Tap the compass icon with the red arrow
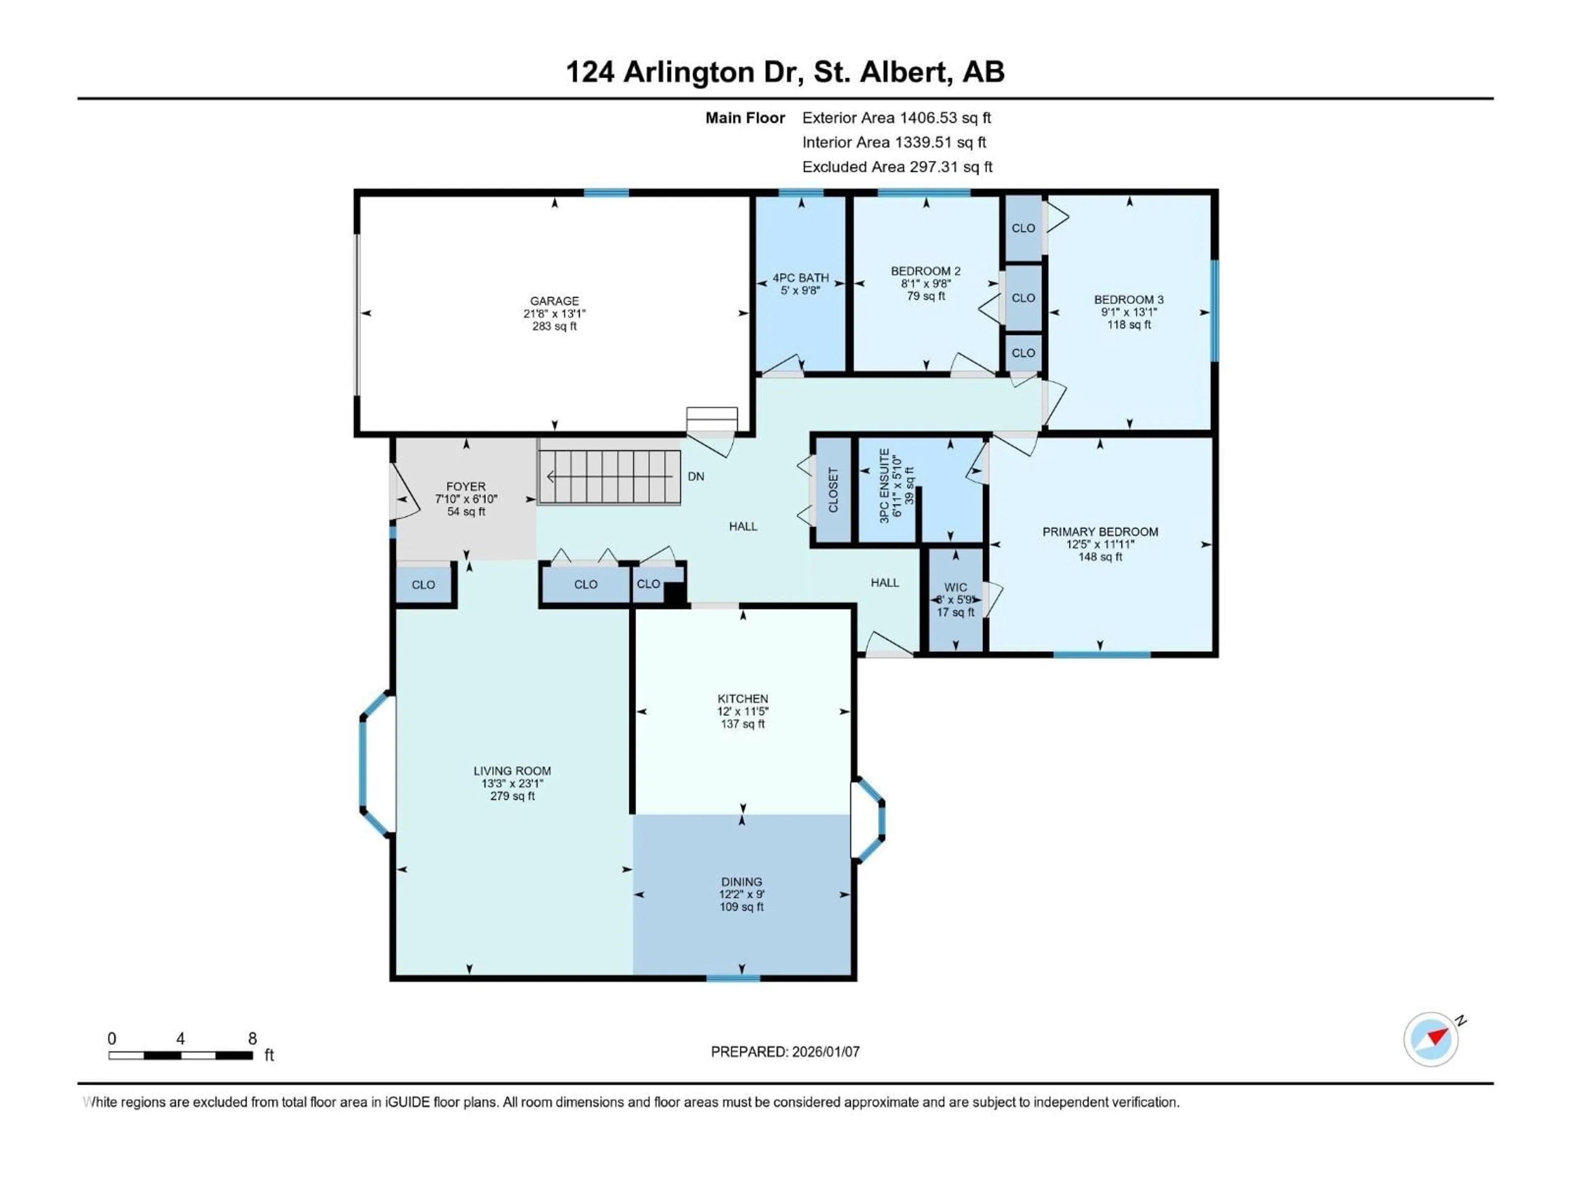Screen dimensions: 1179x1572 point(1431,1039)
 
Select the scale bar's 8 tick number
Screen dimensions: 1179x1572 point(252,1038)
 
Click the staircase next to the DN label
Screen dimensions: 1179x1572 point(609,477)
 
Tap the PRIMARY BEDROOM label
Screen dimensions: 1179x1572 point(1100,532)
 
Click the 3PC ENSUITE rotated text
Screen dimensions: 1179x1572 point(884,486)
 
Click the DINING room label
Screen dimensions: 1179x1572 point(741,881)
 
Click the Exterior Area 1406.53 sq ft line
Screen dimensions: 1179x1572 point(896,118)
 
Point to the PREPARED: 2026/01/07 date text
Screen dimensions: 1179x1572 point(785,1052)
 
